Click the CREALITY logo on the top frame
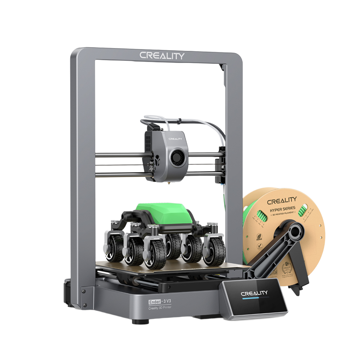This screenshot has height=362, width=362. point(162,56)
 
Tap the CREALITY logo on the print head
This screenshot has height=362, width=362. point(176,138)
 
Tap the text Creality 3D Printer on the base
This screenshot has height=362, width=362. point(160,308)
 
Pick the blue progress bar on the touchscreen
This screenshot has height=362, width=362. point(250,299)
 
